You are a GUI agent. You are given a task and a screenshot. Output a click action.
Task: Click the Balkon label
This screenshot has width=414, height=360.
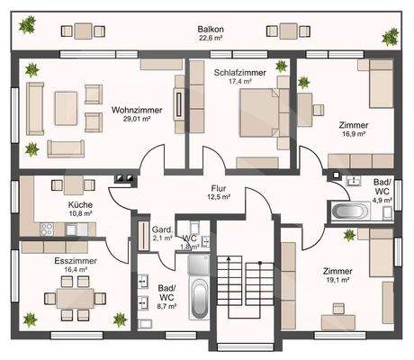[211, 29]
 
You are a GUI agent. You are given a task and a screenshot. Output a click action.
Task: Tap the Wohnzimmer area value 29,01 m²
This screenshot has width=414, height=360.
[137, 119]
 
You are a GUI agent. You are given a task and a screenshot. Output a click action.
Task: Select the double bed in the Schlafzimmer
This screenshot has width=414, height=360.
[260, 112]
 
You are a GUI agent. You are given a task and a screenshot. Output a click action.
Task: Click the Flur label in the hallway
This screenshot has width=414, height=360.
[219, 188]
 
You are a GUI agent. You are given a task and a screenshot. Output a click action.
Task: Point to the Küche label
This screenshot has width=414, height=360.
[80, 204]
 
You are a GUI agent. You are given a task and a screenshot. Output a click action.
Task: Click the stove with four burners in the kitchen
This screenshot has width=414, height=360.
[47, 229]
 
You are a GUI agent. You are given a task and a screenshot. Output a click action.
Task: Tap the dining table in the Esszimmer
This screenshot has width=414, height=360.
[75, 298]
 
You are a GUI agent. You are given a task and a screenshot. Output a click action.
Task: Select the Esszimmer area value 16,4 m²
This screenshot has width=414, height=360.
[76, 269]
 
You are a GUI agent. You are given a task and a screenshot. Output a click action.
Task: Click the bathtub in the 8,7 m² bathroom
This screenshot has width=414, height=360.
[199, 298]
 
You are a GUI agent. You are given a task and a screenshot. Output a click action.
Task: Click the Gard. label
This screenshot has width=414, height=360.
[163, 229]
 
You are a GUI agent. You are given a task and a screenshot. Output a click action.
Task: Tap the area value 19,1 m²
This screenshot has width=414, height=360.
[337, 280]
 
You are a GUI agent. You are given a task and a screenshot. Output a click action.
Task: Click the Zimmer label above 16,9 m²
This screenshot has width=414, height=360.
[354, 125]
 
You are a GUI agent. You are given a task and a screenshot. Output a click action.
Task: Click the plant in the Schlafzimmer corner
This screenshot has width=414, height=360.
[281, 66]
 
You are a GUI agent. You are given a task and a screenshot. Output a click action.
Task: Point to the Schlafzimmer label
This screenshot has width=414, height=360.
[240, 73]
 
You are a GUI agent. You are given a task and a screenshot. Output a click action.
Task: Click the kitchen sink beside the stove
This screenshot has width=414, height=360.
[71, 229]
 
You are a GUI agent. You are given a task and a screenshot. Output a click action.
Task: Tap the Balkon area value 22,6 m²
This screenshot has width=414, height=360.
[211, 38]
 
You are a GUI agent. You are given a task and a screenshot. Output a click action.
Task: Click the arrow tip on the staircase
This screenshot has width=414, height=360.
[229, 257]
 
